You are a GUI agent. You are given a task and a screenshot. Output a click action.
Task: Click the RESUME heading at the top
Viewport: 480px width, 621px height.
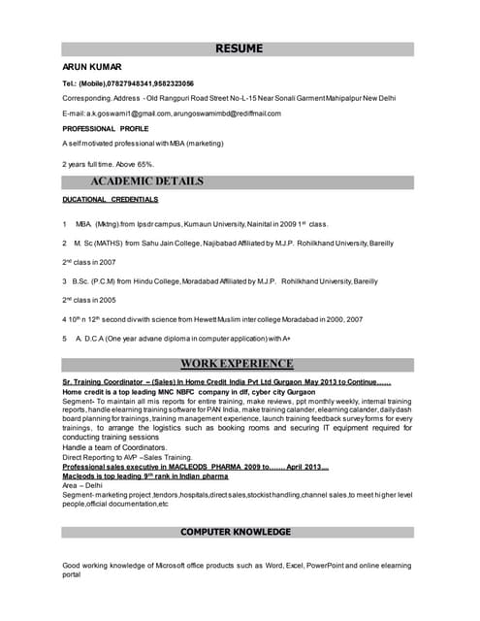click(x=239, y=49)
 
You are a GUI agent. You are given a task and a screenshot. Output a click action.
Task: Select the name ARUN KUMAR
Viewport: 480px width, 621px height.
click(x=92, y=67)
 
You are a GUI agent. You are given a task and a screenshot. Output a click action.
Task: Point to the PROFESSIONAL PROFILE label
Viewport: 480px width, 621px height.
click(x=106, y=129)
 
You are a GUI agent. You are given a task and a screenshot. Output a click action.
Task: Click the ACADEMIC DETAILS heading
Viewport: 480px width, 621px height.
click(x=146, y=181)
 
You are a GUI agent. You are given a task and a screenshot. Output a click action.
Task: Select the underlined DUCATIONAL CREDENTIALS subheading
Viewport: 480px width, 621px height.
click(x=110, y=199)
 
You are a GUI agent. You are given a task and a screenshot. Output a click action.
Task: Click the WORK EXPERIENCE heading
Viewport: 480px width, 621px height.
click(x=237, y=364)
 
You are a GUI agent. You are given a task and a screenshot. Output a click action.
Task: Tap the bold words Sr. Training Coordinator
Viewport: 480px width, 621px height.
click(x=103, y=383)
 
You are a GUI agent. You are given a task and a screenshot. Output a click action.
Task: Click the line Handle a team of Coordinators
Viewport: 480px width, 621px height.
click(x=116, y=447)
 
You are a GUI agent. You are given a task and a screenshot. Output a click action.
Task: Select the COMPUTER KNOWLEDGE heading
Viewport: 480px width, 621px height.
click(x=235, y=532)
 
